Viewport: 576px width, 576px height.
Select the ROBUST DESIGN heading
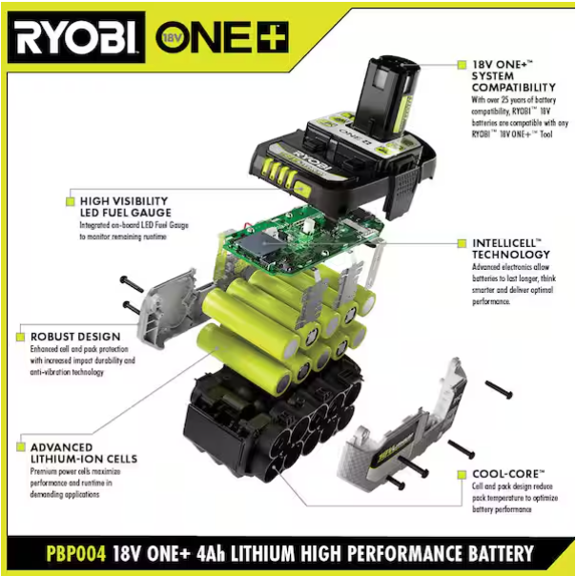pyautogui.click(x=74, y=337)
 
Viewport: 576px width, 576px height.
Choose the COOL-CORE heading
pyautogui.click(x=508, y=473)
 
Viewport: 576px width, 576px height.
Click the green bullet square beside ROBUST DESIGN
pyautogui.click(x=19, y=337)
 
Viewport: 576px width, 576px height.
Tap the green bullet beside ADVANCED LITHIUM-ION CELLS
pyautogui.click(x=19, y=446)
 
